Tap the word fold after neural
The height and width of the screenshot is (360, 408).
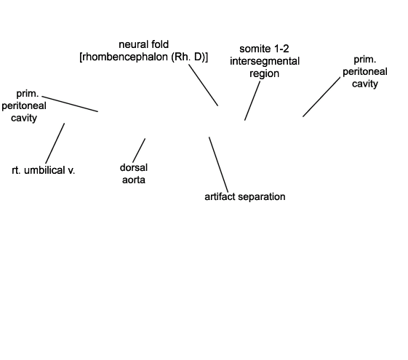(x=160, y=44)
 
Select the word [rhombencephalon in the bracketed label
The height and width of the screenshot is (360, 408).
(x=124, y=57)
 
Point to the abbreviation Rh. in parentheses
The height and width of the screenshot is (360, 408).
(x=181, y=57)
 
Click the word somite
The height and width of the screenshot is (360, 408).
(x=252, y=49)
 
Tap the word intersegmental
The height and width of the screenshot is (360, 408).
(x=265, y=61)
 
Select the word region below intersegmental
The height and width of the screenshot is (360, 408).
(x=265, y=73)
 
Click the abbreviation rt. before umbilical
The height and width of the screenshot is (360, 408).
(x=16, y=170)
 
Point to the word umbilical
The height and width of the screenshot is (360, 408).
(x=44, y=170)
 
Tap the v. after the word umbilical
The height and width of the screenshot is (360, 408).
(x=71, y=171)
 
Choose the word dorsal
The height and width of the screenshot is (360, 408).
(x=134, y=167)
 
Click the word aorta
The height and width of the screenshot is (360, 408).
(x=134, y=180)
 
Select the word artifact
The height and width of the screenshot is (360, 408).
(x=219, y=196)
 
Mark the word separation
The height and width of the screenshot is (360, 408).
(x=261, y=197)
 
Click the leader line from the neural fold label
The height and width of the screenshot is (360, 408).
(x=204, y=85)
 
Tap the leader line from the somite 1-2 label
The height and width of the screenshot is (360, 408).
(x=252, y=100)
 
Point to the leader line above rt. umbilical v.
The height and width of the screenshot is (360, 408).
(x=55, y=143)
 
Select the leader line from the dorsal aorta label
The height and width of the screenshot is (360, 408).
(x=139, y=151)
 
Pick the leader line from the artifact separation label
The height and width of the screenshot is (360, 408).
(x=219, y=164)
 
